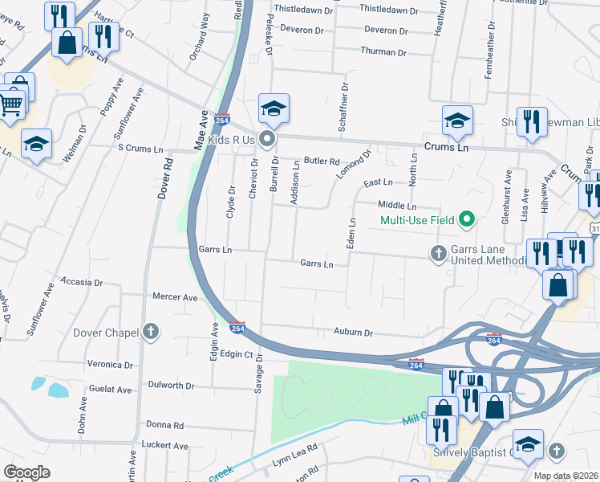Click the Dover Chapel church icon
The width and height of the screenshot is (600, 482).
(x=150, y=332)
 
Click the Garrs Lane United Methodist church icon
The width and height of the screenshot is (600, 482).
(x=438, y=254)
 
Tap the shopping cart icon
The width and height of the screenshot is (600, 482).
(x=10, y=104)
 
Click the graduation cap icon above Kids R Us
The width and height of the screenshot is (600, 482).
(x=274, y=109)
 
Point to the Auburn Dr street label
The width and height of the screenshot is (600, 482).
(x=354, y=333)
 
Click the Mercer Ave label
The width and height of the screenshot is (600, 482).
(x=175, y=297)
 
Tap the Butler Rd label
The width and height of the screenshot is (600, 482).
(x=322, y=161)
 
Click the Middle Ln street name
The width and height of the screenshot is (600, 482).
(x=397, y=206)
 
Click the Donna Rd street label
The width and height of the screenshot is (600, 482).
(x=164, y=425)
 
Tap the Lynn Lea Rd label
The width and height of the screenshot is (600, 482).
(x=295, y=455)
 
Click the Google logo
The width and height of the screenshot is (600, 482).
(x=26, y=472)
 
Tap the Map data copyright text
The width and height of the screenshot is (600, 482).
(x=566, y=476)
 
